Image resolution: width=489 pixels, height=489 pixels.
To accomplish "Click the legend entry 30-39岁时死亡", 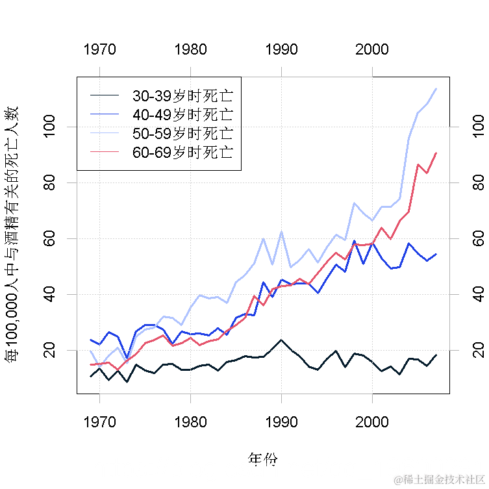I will pos(182,96).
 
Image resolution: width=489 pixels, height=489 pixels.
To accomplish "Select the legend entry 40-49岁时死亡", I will pos(182,115).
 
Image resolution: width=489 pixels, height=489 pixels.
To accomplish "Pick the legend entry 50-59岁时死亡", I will pos(182,134).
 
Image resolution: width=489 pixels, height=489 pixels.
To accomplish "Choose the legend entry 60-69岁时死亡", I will pos(182,153).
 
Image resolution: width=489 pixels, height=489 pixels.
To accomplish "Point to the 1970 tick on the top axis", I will pos(100,50).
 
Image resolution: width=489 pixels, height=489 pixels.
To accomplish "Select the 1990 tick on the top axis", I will pos(281,50).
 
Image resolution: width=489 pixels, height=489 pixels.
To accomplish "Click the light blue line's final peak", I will pos(436,88).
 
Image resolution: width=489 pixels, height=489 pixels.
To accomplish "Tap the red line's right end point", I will pos(436,153).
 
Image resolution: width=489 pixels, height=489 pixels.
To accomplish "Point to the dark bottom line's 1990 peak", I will pos(281,340).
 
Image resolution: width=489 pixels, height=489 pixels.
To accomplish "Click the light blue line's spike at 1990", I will pos(281,232).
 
